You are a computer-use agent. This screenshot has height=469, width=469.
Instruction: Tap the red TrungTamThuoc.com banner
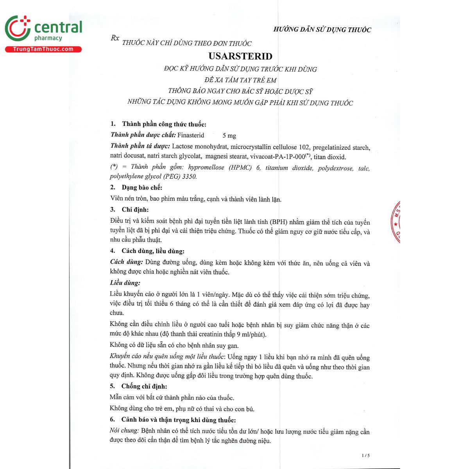click(x=43, y=49)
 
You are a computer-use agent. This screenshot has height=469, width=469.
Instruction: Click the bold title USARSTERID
click(x=240, y=56)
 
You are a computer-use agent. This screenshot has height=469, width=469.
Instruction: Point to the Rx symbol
click(x=115, y=38)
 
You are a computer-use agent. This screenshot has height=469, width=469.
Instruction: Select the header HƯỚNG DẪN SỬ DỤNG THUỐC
click(x=322, y=30)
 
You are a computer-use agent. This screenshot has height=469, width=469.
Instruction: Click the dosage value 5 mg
click(x=229, y=136)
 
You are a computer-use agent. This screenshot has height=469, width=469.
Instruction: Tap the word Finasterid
click(x=191, y=135)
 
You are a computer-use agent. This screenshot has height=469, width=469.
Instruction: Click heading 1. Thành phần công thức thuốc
click(x=158, y=124)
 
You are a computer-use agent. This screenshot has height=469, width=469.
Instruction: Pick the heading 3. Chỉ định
click(x=129, y=209)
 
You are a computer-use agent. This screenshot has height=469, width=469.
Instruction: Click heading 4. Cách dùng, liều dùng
click(x=147, y=251)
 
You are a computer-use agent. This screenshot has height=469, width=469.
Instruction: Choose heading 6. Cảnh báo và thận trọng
click(x=173, y=420)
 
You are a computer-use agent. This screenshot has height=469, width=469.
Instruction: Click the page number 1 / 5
click(x=365, y=455)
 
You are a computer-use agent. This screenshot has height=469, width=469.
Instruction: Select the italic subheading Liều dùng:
click(x=125, y=283)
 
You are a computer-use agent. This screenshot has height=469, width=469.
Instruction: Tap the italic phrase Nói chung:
click(x=124, y=431)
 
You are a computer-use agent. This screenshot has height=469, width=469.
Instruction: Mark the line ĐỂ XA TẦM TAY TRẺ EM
click(x=240, y=81)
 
